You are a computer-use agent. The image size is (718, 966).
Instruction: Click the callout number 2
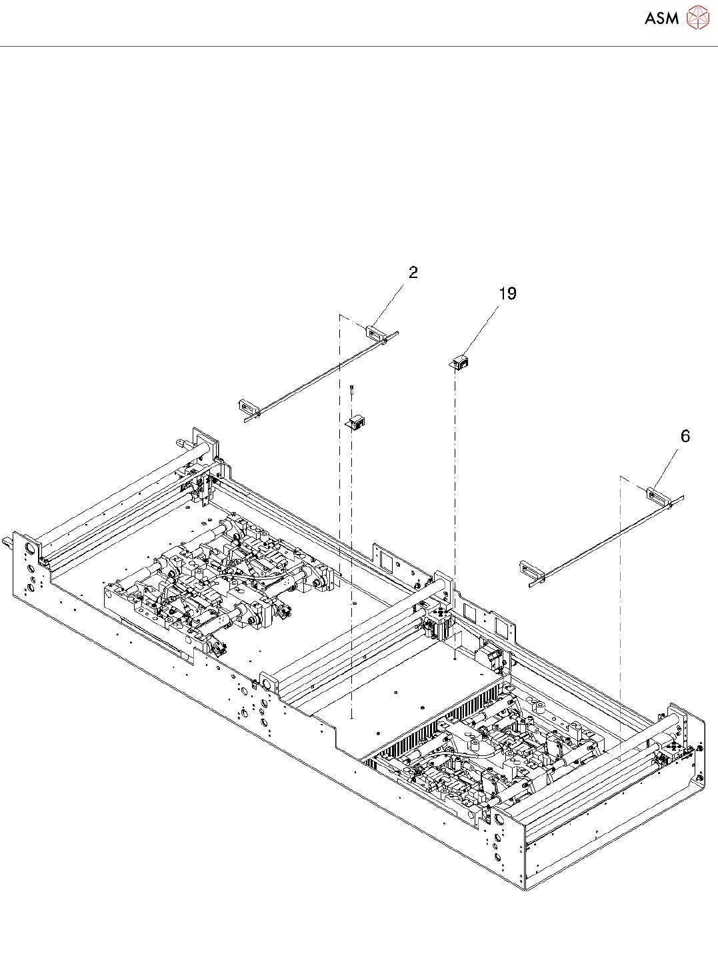(x=413, y=273)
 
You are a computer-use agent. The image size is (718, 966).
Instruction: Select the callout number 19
(x=507, y=294)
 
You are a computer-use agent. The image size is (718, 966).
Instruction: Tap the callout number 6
(x=685, y=437)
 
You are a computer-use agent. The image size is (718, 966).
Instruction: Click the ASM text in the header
(x=661, y=18)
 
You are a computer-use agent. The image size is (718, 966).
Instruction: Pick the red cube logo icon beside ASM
(x=697, y=17)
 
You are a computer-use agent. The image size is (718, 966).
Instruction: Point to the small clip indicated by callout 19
(x=460, y=363)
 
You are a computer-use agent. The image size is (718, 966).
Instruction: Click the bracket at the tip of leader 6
(x=657, y=494)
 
